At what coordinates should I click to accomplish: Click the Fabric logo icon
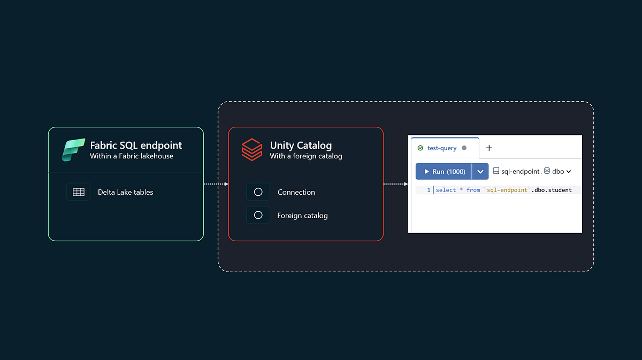tap(73, 150)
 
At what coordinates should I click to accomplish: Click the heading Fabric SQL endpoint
tap(136, 145)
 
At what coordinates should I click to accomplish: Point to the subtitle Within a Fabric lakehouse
tap(131, 156)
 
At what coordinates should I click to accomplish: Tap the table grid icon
tap(79, 192)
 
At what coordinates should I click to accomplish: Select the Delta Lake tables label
tap(125, 192)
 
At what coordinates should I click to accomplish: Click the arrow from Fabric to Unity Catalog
tap(216, 184)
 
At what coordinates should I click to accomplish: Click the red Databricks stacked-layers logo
tap(251, 150)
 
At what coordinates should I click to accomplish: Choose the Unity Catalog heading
tap(301, 145)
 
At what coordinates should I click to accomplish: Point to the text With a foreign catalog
tap(305, 156)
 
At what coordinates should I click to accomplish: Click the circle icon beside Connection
tap(258, 192)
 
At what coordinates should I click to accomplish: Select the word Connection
tap(296, 192)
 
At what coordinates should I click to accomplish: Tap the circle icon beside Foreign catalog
tap(258, 215)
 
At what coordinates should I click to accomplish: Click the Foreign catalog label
tap(302, 216)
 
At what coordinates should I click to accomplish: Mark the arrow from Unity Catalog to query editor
tap(395, 184)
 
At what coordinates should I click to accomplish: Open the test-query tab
tap(442, 148)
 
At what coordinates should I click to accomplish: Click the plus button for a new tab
tap(488, 148)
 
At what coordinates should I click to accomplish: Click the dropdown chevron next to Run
tap(480, 171)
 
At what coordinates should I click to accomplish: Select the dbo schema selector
tap(557, 171)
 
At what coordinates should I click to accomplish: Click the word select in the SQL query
tap(446, 190)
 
